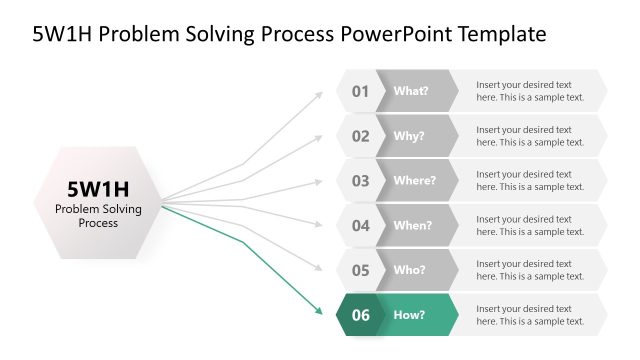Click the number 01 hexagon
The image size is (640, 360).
[x=360, y=91]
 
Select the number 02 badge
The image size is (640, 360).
[x=360, y=136]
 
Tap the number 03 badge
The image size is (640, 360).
[x=360, y=181]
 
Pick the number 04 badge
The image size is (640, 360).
[x=360, y=226]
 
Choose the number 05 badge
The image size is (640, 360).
[x=360, y=270]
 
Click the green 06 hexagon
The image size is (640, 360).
[x=360, y=315]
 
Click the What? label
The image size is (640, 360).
[x=411, y=91]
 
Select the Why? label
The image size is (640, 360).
[x=409, y=136]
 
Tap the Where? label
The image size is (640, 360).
[x=414, y=181]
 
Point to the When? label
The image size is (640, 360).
[x=413, y=226]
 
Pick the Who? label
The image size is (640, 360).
[x=410, y=270]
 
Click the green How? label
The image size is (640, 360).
[x=410, y=315]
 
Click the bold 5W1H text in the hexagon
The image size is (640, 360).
[x=98, y=188]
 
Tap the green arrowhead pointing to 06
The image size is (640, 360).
[x=319, y=311]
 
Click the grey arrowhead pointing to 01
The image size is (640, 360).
[x=319, y=94]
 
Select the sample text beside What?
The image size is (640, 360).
[x=530, y=91]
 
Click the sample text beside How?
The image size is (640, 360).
[x=530, y=315]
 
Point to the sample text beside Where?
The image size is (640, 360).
[x=530, y=181]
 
